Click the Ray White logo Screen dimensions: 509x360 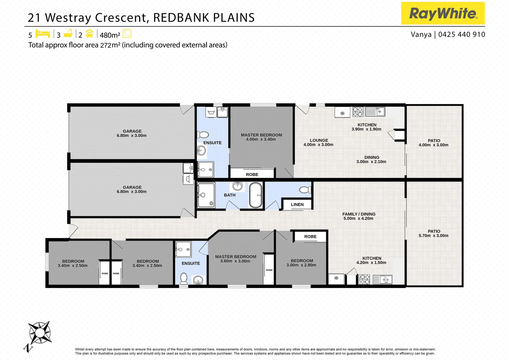tap(443, 13)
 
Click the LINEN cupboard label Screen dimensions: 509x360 tap(297, 205)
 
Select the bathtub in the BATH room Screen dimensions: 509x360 tap(256, 195)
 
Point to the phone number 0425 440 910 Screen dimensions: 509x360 tap(462, 34)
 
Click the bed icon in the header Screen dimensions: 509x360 tap(43, 34)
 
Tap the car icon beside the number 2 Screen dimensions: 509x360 tap(89, 34)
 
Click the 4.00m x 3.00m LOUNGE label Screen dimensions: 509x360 tap(318, 142)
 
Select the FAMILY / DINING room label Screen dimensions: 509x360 tap(358, 216)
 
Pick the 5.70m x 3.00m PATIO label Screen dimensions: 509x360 tap(433, 233)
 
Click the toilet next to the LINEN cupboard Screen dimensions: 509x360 tap(305, 190)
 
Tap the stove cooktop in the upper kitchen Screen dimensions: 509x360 tap(358, 112)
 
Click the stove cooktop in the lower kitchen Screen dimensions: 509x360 tap(364, 279)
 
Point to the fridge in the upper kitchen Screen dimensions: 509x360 tap(342, 113)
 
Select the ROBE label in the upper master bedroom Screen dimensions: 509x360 tap(252, 174)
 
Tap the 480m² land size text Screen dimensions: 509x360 tap(110, 35)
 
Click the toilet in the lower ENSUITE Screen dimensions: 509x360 tap(184, 278)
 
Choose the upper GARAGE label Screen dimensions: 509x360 tap(132, 133)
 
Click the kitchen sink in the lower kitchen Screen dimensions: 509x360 tap(382, 279)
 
